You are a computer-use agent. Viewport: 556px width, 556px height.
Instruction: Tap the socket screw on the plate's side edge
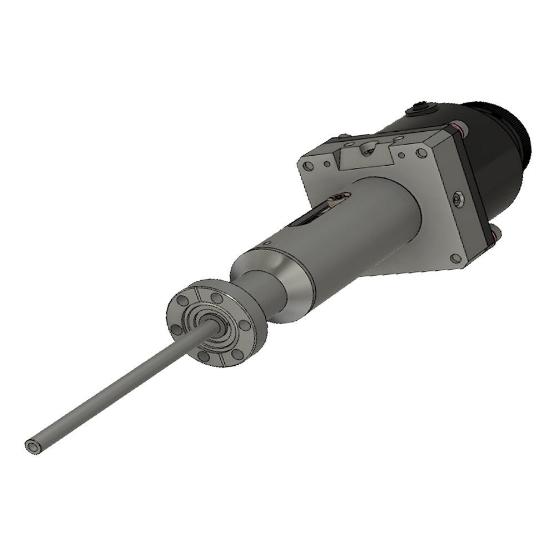tap(458, 198)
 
